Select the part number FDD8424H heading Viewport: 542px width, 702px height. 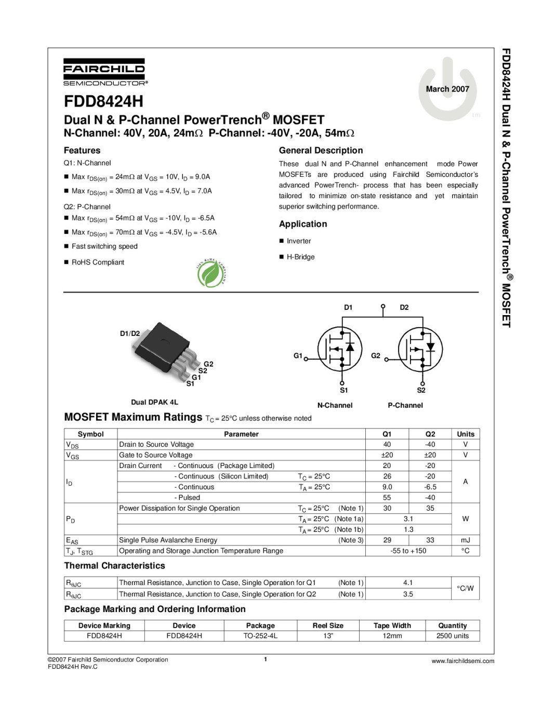coord(103,101)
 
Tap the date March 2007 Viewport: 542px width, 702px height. coord(447,89)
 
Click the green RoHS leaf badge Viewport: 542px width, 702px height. coord(210,274)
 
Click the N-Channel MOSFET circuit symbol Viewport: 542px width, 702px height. coord(340,349)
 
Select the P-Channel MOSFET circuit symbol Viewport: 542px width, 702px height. coord(420,349)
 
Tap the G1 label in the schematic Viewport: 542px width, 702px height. coord(298,356)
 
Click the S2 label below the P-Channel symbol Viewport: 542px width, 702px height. coord(421,391)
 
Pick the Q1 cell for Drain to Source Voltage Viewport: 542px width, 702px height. coord(387,445)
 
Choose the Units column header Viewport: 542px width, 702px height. coord(465,434)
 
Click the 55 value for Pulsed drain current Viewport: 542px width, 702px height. coord(387,498)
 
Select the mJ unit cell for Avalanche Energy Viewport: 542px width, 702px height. coord(465,540)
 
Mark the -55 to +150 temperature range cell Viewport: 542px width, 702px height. coord(408,551)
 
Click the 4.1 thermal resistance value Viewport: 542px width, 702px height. coord(408,583)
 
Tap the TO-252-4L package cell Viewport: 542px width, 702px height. coord(260,636)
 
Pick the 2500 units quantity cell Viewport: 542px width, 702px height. coord(453,636)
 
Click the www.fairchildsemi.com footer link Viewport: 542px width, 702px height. coord(462,661)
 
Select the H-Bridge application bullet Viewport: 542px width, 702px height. coord(300,257)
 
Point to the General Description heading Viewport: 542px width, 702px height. coord(321,151)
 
